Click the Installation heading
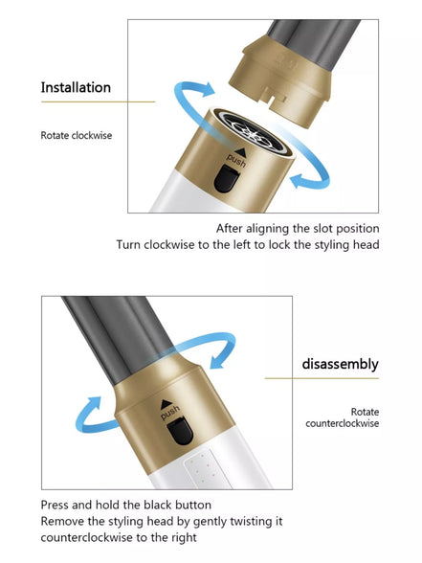[76, 87]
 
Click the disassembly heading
[341, 364]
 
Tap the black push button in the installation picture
[227, 178]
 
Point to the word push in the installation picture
[236, 161]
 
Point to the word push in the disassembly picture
[170, 412]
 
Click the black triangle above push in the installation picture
[240, 152]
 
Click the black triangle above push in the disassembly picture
[167, 404]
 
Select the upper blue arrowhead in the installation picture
[207, 89]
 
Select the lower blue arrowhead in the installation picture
[299, 180]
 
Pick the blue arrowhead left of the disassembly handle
[94, 404]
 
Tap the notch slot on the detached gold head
[277, 98]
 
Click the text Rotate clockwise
[77, 135]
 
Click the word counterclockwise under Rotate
[343, 423]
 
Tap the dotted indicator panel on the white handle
[203, 468]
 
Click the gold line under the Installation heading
[98, 101]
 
